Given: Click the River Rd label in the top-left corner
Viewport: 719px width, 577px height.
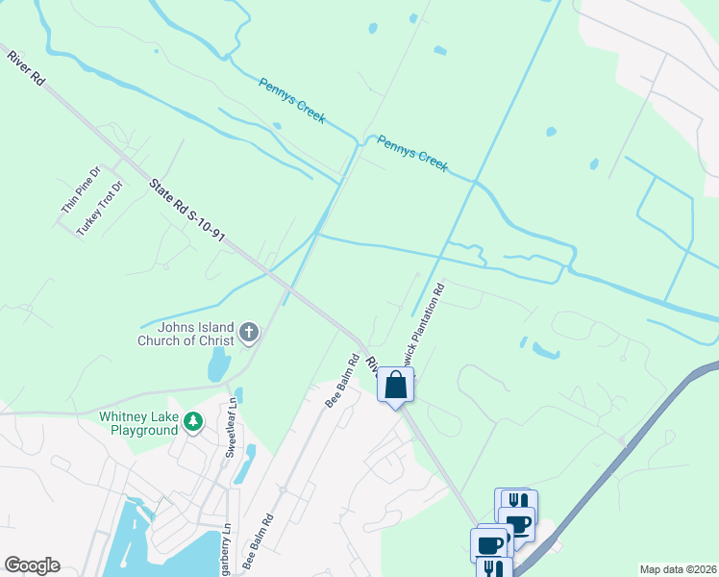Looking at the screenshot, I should tap(25, 70).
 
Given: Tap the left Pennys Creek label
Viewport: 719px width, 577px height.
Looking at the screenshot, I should tap(292, 100).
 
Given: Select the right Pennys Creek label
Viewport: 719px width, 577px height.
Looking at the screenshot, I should tap(412, 153).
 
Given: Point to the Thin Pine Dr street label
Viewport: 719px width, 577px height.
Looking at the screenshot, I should tap(81, 189).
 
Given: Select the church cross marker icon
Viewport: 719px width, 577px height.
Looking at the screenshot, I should tap(249, 334).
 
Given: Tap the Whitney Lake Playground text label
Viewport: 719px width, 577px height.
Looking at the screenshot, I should tap(139, 423).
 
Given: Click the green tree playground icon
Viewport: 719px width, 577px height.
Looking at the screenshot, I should tap(193, 422).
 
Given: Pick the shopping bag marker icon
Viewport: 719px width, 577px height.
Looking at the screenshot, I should tap(395, 386).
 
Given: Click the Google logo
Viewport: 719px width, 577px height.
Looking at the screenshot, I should tap(32, 565).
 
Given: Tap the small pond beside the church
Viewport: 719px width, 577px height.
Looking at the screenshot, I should tap(218, 364).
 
